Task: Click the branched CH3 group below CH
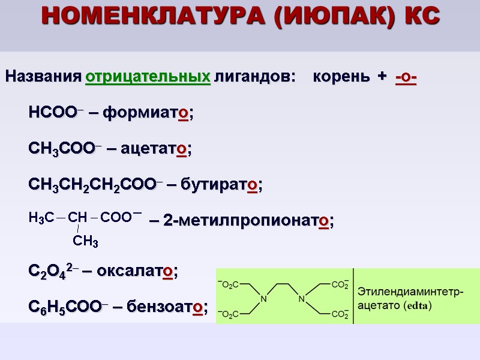pyautogui.click(x=86, y=241)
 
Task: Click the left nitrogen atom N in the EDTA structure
pyautogui.click(x=262, y=299)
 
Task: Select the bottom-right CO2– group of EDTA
pyautogui.click(x=339, y=314)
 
